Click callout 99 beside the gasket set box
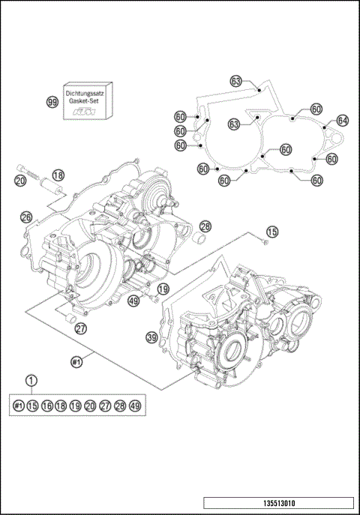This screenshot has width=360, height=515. [x=52, y=101]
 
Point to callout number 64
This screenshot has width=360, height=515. [x=342, y=120]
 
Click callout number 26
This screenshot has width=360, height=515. [x=26, y=217]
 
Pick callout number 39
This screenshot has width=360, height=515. [x=152, y=339]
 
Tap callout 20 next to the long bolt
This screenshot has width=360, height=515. [x=20, y=180]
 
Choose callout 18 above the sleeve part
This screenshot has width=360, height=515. [x=58, y=175]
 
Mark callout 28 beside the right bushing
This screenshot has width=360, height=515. [x=205, y=226]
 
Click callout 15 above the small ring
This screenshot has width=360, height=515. [x=271, y=232]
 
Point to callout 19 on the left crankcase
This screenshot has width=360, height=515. [x=163, y=288]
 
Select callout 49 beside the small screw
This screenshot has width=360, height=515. [x=134, y=301]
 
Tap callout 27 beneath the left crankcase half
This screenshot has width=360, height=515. [x=80, y=328]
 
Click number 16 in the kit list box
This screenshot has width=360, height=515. [x=46, y=406]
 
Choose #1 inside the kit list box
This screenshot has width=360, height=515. [x=19, y=406]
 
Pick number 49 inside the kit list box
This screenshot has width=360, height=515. [x=135, y=406]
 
